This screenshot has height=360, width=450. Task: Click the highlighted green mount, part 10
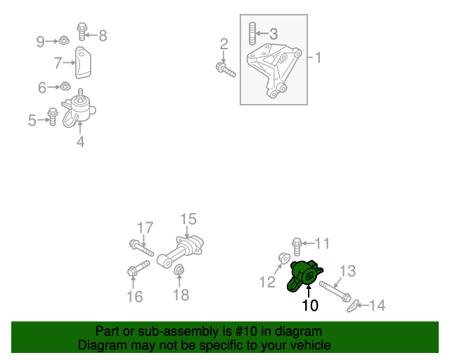pyautogui.click(x=304, y=276)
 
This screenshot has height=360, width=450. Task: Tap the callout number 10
pyautogui.click(x=310, y=305)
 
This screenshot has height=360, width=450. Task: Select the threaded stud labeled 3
pyautogui.click(x=252, y=33)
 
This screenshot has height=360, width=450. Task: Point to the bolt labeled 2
pyautogui.click(x=226, y=70)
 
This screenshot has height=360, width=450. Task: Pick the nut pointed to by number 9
pyautogui.click(x=64, y=40)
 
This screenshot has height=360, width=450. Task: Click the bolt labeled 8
pyautogui.click(x=82, y=32)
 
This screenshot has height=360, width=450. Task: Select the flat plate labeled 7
pyautogui.click(x=83, y=63)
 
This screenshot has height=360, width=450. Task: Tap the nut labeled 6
pyautogui.click(x=65, y=86)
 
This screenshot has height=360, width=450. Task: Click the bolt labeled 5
pyautogui.click(x=53, y=117)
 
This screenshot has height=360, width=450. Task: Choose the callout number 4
pyautogui.click(x=81, y=141)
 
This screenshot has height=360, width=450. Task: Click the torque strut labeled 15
pyautogui.click(x=181, y=252)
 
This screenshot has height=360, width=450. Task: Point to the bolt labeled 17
pyautogui.click(x=141, y=247)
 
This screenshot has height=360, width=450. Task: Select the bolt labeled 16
pyautogui.click(x=139, y=268)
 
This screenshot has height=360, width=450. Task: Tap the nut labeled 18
pyautogui.click(x=179, y=269)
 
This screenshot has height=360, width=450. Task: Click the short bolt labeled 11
pyautogui.click(x=297, y=246)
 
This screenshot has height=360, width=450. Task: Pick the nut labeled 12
pyautogui.click(x=284, y=258)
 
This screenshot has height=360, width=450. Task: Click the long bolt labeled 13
pyautogui.click(x=335, y=291)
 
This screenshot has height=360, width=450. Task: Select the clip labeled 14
pyautogui.click(x=353, y=306)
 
